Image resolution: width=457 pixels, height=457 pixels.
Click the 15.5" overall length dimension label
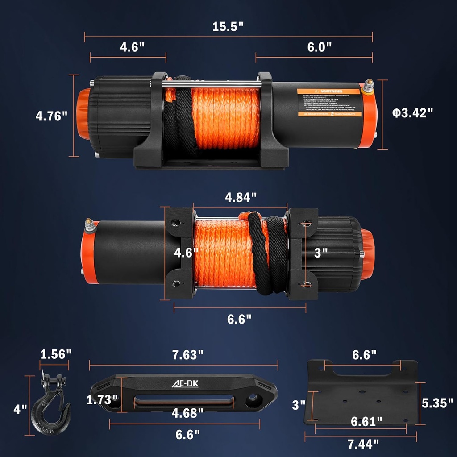click(228, 26)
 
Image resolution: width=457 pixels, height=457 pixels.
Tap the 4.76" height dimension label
click(51, 116)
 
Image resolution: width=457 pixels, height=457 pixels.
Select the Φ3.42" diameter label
click(413, 112)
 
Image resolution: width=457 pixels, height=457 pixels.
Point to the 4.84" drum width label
click(241, 197)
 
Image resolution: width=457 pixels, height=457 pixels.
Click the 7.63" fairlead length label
click(187, 355)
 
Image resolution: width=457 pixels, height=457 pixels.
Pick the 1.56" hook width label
click(56, 355)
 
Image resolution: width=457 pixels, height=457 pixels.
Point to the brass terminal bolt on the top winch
click(369, 86)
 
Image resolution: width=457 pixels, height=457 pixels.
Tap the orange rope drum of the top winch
click(225, 118)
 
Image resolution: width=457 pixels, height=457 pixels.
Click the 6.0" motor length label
click(320, 47)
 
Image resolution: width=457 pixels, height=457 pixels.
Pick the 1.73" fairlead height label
click(102, 400)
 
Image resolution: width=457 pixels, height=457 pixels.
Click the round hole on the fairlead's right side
click(253, 398)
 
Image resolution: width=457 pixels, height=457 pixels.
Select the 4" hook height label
click(20, 409)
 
